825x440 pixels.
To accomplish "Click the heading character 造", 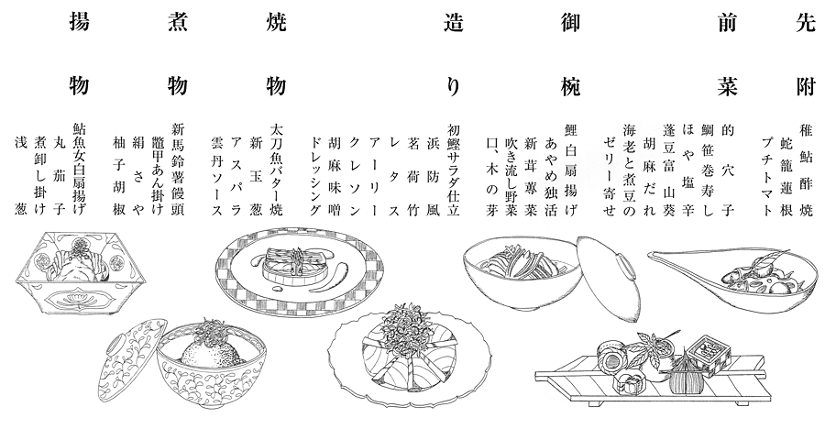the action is point(454,23).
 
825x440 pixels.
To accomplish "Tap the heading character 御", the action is point(570,23).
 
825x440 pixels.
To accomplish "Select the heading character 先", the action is point(806,23).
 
